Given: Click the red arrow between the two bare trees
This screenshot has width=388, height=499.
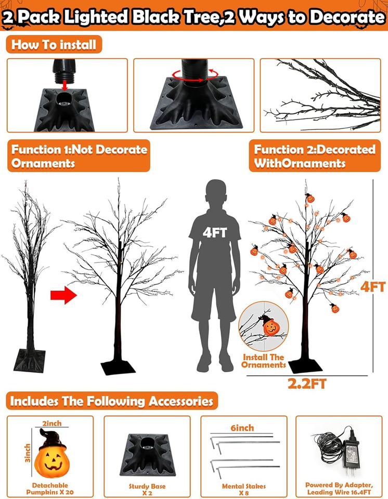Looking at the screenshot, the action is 63,295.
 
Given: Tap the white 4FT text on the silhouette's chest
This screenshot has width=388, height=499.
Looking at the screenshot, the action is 215,233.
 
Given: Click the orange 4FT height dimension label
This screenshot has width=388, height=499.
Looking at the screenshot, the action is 373,287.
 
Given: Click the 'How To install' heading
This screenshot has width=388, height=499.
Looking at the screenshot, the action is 54,44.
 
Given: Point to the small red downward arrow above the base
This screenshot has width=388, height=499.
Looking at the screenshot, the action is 64,85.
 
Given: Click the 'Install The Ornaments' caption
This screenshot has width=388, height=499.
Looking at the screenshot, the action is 264,361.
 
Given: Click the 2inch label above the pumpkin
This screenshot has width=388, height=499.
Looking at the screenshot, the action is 52,423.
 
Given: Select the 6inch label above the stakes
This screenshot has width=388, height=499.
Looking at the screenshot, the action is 242,428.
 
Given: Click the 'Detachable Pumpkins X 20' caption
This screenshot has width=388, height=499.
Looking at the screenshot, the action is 50,489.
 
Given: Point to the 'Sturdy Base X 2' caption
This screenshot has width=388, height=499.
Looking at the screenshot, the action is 147,490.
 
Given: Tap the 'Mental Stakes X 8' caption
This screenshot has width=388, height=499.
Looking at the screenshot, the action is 244,490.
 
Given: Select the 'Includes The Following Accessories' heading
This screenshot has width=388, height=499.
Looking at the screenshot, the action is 112,401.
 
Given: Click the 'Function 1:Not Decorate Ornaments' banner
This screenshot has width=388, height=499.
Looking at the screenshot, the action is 79,156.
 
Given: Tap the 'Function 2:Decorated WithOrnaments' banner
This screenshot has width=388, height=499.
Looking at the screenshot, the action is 315,156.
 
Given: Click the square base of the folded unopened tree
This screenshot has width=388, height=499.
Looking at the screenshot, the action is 30,361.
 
